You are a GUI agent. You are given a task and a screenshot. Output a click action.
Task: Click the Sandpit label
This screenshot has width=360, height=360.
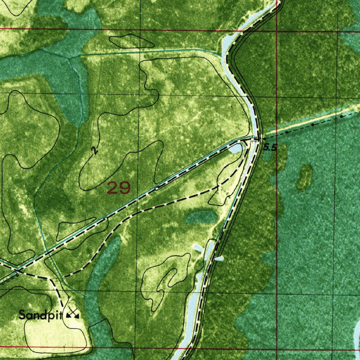[40, 314]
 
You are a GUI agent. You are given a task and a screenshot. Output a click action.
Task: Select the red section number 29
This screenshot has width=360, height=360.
[119, 188]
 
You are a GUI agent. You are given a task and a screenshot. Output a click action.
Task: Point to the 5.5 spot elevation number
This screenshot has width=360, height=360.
[270, 148]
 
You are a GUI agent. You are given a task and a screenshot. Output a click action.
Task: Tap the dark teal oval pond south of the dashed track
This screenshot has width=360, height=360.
[200, 217]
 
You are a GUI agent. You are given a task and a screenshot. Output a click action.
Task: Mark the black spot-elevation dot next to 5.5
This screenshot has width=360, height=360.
[264, 139]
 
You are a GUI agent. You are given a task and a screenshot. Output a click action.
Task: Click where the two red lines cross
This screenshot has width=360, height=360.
[277, 31]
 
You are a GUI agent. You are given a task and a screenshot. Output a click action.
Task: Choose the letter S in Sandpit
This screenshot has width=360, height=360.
[22, 314]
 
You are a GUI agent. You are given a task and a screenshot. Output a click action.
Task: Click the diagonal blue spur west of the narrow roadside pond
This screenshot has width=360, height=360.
[198, 248]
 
